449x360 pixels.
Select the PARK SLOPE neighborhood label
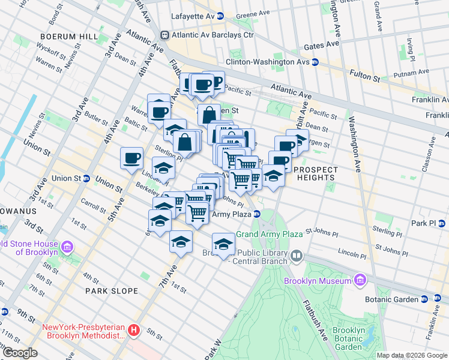tap(111, 291)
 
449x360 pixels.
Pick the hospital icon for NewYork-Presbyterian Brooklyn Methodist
tap(135, 330)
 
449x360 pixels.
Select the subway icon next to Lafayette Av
tap(220, 16)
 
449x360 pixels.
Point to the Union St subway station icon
tap(86, 178)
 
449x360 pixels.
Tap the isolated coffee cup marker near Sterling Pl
tap(131, 159)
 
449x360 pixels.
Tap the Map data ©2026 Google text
tap(411, 355)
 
